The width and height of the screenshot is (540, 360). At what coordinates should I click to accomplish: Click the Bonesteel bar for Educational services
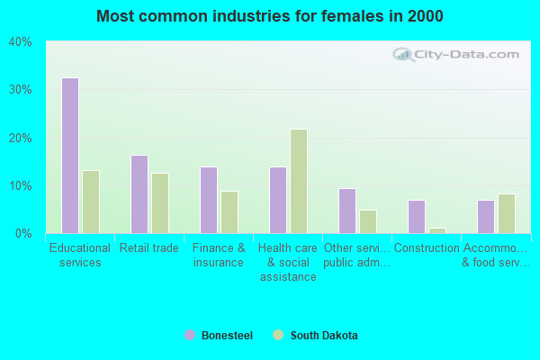click(x=70, y=156)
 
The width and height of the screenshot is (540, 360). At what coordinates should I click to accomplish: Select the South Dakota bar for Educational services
click(x=91, y=202)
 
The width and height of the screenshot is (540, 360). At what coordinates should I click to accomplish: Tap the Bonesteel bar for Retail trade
click(x=139, y=194)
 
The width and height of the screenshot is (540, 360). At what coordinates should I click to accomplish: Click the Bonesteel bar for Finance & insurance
click(x=209, y=200)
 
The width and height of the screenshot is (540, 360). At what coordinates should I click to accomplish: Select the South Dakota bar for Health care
click(x=299, y=181)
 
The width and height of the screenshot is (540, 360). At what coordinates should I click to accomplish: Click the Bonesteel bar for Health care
click(x=278, y=200)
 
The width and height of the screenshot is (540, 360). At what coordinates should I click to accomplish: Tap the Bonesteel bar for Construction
click(x=417, y=217)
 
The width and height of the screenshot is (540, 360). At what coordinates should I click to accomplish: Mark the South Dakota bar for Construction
click(x=437, y=230)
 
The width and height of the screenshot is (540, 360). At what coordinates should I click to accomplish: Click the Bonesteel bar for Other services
click(x=347, y=211)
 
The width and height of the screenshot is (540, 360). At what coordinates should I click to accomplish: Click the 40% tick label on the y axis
click(x=21, y=41)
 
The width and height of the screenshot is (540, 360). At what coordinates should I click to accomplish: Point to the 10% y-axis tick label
click(x=21, y=185)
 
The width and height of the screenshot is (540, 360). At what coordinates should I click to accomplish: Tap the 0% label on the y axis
click(x=23, y=233)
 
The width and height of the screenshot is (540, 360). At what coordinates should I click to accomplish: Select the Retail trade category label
click(x=149, y=248)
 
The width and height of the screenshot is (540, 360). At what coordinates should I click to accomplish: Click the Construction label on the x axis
click(x=427, y=248)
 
